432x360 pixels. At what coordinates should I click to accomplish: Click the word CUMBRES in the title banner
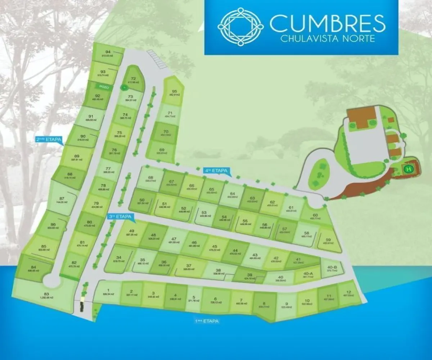pos(327,23)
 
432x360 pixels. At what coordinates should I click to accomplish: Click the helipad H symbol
pos(408,168)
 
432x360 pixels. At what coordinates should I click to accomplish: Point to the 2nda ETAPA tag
pos(49,140)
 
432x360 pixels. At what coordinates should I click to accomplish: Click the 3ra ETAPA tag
pos(121,217)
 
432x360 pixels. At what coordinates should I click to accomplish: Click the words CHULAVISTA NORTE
pos(327,39)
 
